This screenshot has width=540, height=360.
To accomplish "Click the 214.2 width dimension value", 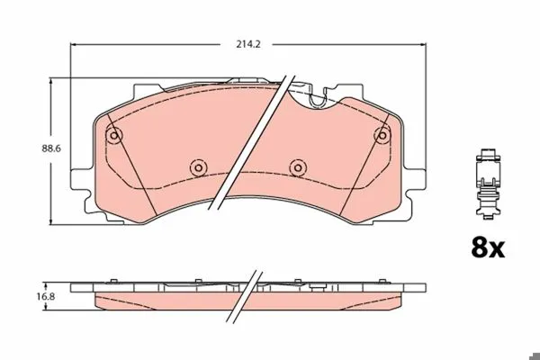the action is [248, 44].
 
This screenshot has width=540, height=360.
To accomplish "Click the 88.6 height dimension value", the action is [51, 148].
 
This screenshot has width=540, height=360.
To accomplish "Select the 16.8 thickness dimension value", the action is [46, 296].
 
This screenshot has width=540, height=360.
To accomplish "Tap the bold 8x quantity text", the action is [488, 248].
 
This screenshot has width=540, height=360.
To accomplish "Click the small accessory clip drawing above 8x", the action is [488, 184].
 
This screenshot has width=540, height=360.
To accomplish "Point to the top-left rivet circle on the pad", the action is [114, 135].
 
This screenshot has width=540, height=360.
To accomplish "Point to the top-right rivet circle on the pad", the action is [382, 135].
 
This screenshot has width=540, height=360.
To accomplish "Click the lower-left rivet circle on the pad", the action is [198, 167].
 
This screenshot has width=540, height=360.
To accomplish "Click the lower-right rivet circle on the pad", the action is [298, 167].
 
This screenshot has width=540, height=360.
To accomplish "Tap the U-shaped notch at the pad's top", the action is [318, 102].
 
